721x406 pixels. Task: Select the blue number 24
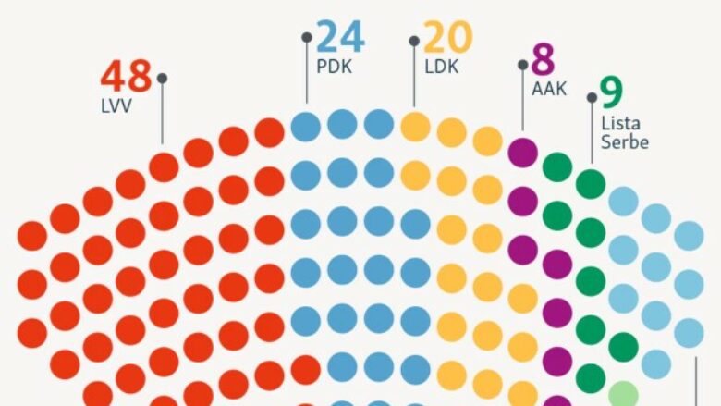(341, 38)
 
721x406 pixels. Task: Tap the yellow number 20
(448, 38)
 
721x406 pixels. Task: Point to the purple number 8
(543, 60)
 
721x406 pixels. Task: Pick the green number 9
(611, 92)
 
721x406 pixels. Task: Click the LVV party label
(116, 105)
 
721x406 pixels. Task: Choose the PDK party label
(335, 67)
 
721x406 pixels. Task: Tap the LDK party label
(442, 67)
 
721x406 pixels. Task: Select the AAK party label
(549, 91)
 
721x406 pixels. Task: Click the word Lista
(621, 123)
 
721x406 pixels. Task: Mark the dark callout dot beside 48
(163, 79)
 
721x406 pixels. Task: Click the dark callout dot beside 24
(307, 37)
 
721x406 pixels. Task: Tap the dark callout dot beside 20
(414, 41)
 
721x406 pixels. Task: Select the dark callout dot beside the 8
(523, 65)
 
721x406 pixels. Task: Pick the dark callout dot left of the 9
(592, 97)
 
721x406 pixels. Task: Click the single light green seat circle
(624, 394)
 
